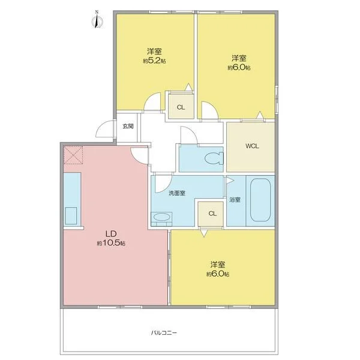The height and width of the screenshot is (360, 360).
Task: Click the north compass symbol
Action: pos(97,20)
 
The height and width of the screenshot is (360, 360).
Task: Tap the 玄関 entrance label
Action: pos(128,126)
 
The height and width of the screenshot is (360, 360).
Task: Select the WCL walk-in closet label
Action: pos(252,146)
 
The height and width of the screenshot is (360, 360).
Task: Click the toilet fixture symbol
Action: pos(214,158)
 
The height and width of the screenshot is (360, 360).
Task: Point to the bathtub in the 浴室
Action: pos(260,200)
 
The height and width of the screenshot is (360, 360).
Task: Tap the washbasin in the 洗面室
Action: pos(161,217)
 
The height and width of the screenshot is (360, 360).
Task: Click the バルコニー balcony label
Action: pos(164,332)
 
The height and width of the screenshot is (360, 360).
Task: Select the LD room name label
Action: pos(111,234)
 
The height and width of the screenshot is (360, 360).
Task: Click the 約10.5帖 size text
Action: pos(111,243)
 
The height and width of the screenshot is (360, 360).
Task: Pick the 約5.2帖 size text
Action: pos(155,61)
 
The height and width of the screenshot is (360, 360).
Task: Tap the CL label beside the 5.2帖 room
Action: pos(181,107)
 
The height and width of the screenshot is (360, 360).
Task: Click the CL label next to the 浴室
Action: pos(212,214)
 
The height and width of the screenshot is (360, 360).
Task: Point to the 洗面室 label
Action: pos(177,193)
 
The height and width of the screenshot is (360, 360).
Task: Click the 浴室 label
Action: pos(235,200)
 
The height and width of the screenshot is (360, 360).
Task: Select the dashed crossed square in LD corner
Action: pos(73,155)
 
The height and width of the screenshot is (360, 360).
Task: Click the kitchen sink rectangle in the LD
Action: pos(71,216)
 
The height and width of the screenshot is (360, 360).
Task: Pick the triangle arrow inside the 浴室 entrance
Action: pos(230,180)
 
